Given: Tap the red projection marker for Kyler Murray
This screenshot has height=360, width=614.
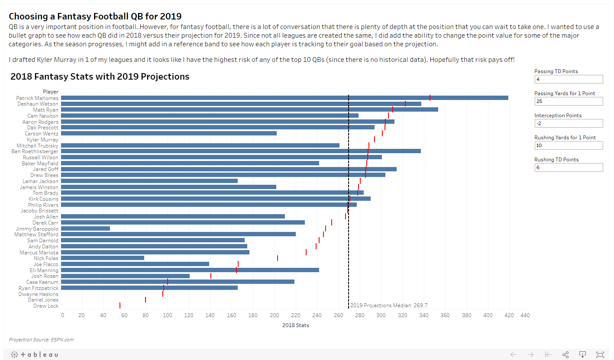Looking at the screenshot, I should tap(375, 139).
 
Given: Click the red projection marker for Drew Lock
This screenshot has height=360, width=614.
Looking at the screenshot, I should tap(120, 305).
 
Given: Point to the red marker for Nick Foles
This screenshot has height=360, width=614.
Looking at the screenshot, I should tap(278, 258).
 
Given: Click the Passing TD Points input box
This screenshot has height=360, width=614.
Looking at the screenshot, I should tap(569, 79).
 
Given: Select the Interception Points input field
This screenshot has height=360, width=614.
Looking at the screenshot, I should tap(569, 123).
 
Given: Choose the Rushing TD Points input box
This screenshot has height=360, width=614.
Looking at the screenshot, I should tap(569, 167).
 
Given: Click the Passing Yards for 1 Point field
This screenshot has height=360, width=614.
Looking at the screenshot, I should tap(569, 101).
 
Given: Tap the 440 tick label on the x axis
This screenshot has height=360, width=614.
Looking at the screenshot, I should tap(525, 315).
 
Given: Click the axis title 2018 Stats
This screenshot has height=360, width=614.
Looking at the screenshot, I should tap(295, 325).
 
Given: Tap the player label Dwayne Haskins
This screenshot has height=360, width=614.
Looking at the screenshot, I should tap(38, 294).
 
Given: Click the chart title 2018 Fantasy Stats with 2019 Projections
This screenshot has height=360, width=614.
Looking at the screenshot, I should tap(100, 77).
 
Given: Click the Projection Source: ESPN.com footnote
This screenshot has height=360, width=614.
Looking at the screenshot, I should tap(41, 340).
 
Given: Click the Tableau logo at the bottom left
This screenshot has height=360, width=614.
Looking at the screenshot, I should tap(34, 354).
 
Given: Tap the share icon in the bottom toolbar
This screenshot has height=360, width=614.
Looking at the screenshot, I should tap(565, 354).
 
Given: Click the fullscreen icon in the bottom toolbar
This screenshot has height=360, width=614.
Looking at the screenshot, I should tap(600, 354).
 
